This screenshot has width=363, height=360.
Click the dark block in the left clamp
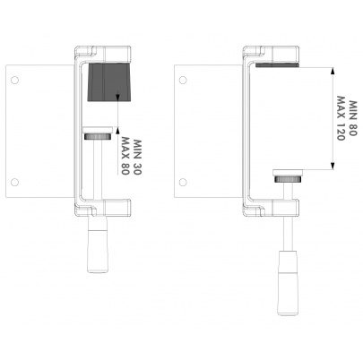(108, 82)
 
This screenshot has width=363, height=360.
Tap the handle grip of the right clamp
(288, 282)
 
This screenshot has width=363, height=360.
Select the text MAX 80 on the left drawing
(125, 156)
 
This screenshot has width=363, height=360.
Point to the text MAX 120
(341, 118)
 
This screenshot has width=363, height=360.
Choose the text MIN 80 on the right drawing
(352, 118)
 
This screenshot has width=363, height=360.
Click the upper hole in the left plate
(14, 80)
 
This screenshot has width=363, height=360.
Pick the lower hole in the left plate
(14, 182)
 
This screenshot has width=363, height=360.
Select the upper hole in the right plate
(183, 80)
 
